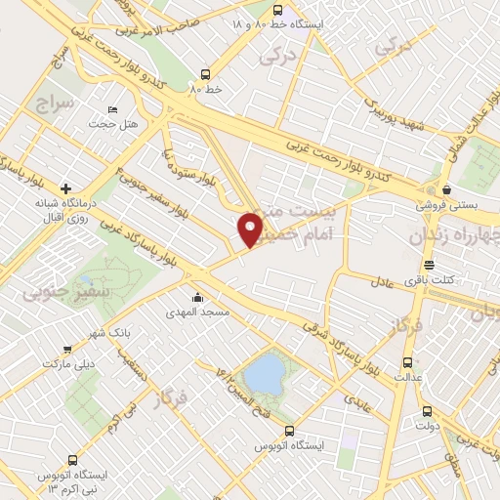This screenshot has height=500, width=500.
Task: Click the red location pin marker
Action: [251, 229]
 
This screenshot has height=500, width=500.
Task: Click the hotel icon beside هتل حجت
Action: [113, 110]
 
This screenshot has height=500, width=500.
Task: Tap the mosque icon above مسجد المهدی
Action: [198, 298]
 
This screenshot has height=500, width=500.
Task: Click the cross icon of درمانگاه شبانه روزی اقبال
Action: [65, 187]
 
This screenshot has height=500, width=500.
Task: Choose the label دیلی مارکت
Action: [64, 362]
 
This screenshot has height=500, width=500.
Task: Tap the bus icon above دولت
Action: [428, 411]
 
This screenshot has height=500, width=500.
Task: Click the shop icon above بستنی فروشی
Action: [445, 189]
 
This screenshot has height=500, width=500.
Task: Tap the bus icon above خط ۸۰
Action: [205, 73]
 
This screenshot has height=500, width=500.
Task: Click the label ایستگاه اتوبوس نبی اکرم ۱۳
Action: [77, 479]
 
